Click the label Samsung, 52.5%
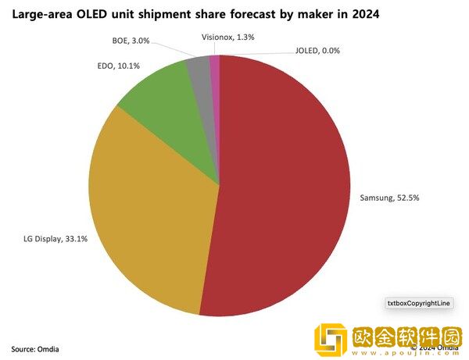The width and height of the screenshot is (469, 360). pos(388,198)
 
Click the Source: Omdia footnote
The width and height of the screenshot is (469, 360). pos(34,348)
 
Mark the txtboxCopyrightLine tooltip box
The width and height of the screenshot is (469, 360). pos(420,302)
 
